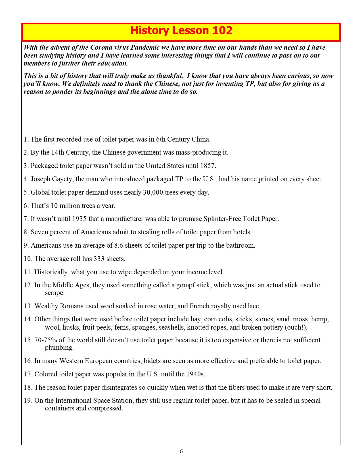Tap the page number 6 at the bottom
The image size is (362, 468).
(x=181, y=451)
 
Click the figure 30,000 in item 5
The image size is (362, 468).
(x=153, y=192)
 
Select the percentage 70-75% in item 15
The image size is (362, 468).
(x=45, y=340)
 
